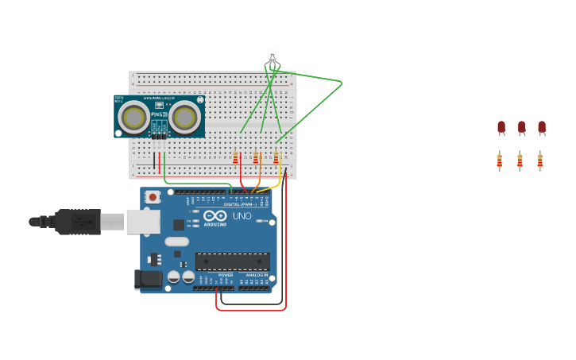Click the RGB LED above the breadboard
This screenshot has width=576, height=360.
[x=273, y=58]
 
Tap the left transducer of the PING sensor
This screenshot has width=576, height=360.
[x=133, y=118]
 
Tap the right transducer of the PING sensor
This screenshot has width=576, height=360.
[x=185, y=118]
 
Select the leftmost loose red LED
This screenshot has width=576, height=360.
[x=501, y=127]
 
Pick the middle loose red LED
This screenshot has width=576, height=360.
[x=521, y=127]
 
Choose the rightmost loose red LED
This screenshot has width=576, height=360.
[x=542, y=127]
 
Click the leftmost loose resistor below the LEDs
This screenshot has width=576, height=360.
[x=500, y=161]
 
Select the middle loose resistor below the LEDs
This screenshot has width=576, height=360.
[x=520, y=161]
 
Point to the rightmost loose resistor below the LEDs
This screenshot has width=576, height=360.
[x=539, y=161]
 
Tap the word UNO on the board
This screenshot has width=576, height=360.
[x=242, y=216]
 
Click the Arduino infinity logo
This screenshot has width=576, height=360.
[x=215, y=215]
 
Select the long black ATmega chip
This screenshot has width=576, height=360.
[x=232, y=261]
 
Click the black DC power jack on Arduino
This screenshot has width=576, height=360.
[x=148, y=279]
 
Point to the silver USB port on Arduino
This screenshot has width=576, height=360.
[x=143, y=222]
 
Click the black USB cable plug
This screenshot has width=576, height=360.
[x=78, y=222]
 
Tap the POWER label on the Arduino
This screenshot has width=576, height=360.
[x=226, y=275]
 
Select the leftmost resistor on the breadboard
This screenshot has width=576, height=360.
[x=235, y=158]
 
